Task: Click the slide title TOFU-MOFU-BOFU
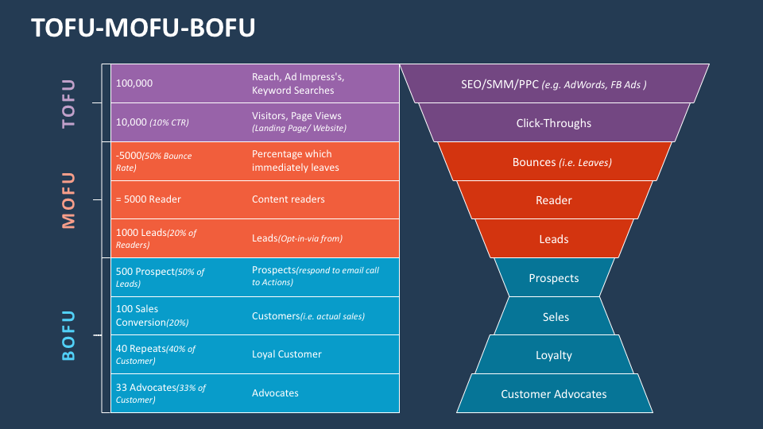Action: tap(143, 29)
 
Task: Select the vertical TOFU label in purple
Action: tap(69, 103)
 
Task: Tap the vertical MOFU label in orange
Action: tap(69, 200)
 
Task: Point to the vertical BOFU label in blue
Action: tap(69, 335)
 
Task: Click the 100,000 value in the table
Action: tap(134, 83)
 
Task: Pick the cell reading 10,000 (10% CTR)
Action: tap(153, 122)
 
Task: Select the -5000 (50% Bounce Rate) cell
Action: tap(154, 161)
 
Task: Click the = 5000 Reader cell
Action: tap(149, 200)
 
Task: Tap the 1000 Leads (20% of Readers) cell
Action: tap(156, 238)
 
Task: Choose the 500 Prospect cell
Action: tap(160, 277)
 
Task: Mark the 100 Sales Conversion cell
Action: tap(151, 316)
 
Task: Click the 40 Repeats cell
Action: tap(156, 354)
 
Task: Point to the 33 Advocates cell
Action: tap(161, 393)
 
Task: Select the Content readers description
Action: tap(288, 200)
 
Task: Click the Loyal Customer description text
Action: tap(286, 354)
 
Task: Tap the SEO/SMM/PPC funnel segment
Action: tap(554, 84)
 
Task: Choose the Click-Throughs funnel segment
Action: tap(554, 123)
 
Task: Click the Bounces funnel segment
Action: tap(554, 162)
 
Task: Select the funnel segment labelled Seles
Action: tap(555, 317)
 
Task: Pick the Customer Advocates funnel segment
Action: tap(554, 394)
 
